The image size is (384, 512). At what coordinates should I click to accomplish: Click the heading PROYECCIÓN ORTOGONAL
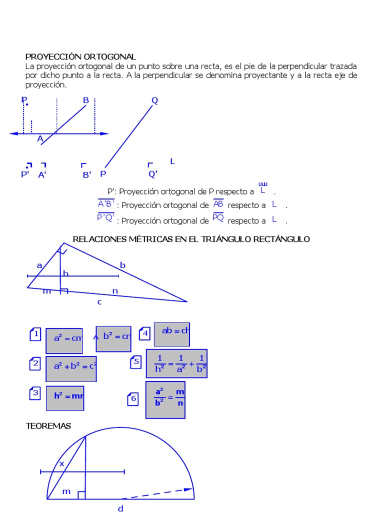[80, 57]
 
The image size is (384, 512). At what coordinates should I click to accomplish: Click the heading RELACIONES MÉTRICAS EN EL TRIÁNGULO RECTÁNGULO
[191, 239]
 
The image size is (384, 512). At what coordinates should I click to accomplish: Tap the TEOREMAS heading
[48, 426]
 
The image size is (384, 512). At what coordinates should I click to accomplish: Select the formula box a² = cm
[64, 338]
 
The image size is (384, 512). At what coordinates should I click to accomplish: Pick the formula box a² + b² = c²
[71, 366]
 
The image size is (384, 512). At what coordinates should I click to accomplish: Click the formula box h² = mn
[65, 396]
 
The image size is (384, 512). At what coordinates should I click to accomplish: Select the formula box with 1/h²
[176, 363]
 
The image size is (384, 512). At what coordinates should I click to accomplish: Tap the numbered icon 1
[35, 334]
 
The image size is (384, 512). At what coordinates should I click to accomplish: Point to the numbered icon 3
[35, 394]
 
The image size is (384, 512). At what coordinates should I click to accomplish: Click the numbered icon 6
[133, 398]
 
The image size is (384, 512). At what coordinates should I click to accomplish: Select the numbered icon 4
[145, 333]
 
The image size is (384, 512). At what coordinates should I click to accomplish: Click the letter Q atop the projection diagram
[154, 100]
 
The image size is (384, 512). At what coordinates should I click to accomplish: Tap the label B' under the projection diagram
[87, 174]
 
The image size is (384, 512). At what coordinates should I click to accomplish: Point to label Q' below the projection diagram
[153, 174]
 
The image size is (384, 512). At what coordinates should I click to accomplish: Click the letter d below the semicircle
[120, 508]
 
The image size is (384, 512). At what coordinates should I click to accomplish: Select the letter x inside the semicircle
[62, 463]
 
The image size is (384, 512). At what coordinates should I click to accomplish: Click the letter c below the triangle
[99, 301]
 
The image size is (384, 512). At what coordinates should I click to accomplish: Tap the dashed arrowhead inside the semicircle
[188, 490]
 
